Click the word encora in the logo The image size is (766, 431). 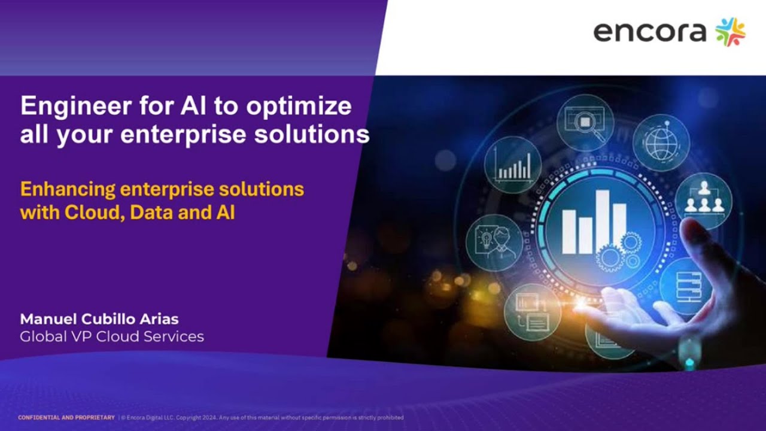click(650, 32)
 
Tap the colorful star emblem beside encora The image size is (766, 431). click(731, 32)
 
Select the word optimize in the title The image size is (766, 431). click(299, 107)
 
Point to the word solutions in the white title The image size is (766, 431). click(312, 134)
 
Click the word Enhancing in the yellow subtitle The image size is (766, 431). click(68, 189)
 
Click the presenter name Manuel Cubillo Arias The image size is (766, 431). click(99, 318)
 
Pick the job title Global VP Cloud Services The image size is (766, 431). click(112, 336)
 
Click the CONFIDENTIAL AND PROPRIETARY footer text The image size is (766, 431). click(66, 417)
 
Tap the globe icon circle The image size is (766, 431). click(661, 142)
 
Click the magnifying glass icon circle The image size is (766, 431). click(585, 123)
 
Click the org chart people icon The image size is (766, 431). click(703, 200)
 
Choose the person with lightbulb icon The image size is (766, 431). click(494, 242)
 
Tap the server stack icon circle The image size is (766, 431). click(685, 286)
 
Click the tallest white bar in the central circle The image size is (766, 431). click(602, 221)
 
